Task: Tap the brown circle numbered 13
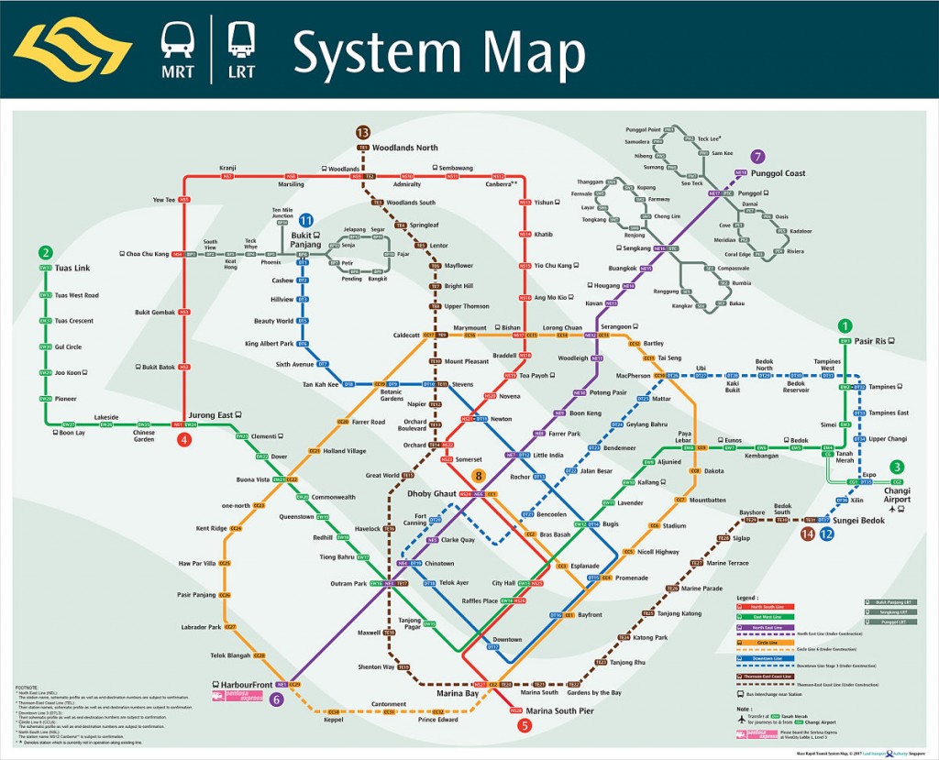[362, 132]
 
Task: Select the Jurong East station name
[211, 415]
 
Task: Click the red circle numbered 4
[185, 439]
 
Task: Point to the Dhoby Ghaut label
[431, 494]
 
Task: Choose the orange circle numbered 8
[478, 476]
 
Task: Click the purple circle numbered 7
[757, 156]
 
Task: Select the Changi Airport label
[897, 494]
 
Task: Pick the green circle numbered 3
[897, 467]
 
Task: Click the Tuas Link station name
[72, 268]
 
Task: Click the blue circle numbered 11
[305, 220]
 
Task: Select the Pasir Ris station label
[870, 341]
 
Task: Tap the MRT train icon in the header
[177, 39]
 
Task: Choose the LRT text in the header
[242, 71]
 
